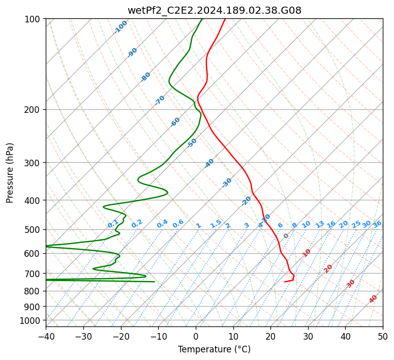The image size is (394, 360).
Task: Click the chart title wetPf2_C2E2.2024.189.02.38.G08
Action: (x=214, y=10)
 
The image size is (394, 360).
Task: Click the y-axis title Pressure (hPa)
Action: (x=10, y=172)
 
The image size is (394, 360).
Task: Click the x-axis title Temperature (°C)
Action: (x=214, y=349)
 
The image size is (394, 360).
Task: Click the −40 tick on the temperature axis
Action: (x=46, y=336)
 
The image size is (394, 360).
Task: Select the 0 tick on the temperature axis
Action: (x=196, y=336)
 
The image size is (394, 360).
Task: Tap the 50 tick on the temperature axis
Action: (x=383, y=336)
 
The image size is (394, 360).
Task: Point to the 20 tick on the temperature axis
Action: (x=270, y=336)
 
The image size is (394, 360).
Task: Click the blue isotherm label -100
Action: (x=121, y=27)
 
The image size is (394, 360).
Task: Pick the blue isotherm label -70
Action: (x=160, y=100)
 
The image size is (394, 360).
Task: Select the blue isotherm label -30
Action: (x=227, y=183)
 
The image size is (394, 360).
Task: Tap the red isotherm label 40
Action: (x=373, y=299)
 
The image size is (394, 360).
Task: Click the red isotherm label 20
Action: (x=328, y=268)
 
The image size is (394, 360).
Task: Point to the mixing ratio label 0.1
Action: (x=113, y=224)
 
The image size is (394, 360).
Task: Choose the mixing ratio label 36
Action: (x=377, y=224)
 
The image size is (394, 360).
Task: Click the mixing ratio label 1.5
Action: (x=216, y=224)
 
